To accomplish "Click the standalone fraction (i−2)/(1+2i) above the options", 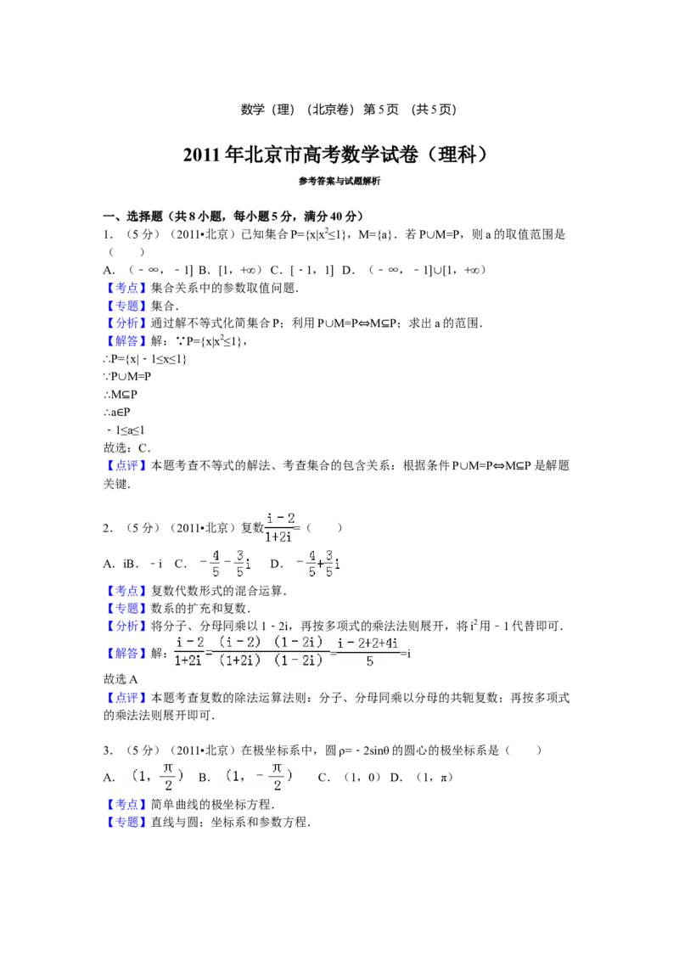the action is tap(278, 526).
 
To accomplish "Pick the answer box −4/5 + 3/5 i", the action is tap(316, 564).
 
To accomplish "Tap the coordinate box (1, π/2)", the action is tap(159, 777).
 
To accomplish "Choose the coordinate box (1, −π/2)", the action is tap(261, 777).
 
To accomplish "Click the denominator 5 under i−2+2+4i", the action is tap(369, 661).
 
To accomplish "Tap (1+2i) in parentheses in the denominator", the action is tap(239, 661).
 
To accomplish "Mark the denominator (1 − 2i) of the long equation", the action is tap(299, 661).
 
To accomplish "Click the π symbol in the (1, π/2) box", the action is tap(168, 768).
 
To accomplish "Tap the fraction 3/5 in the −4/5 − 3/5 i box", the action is tap(240, 564).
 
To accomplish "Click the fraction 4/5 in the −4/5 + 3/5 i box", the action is tap(311, 564).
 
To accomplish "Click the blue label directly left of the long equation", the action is tap(127, 653).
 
